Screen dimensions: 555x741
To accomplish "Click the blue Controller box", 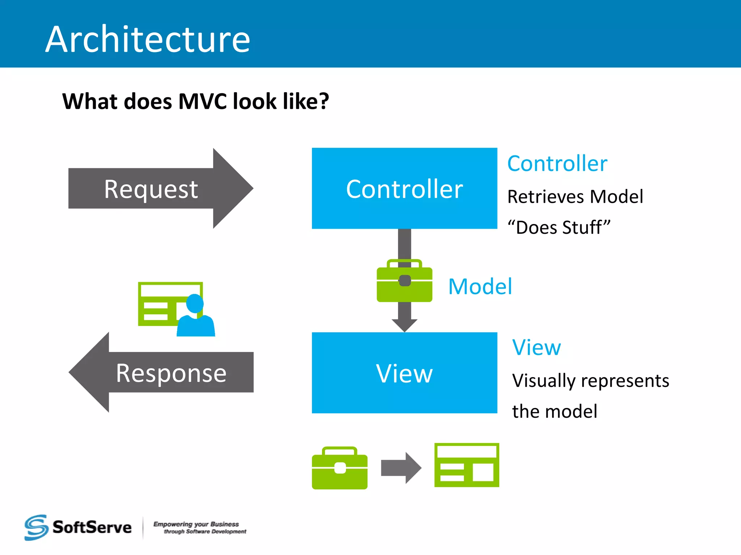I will tap(404, 188).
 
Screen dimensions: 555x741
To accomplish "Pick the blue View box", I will tap(404, 373).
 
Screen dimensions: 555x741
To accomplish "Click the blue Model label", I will tap(480, 287).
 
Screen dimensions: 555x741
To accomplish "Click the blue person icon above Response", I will tap(196, 316).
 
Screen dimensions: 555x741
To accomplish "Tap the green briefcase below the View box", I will tap(339, 469).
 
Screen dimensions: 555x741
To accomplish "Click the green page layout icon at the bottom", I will tap(467, 465).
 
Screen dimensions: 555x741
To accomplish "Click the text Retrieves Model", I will tap(575, 197).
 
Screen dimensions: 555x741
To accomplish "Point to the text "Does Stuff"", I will tap(559, 228).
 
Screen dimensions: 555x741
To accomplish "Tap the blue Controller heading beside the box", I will tap(557, 164).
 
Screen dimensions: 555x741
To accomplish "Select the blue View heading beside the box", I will tap(537, 348).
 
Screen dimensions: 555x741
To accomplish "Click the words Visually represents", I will tap(590, 381).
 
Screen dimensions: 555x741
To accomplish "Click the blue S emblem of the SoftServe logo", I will tap(36, 528).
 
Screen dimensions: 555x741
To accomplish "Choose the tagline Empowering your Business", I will tap(196, 524).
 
